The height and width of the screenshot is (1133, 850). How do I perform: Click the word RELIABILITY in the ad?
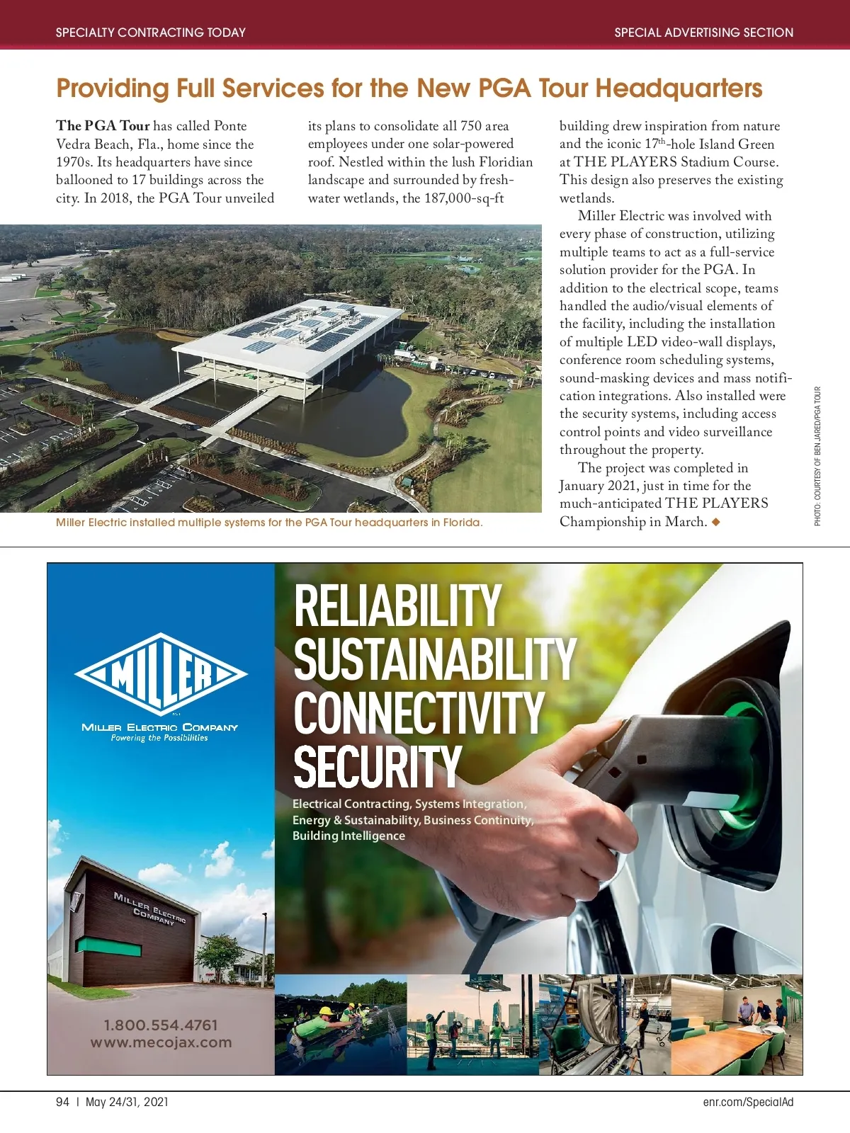click(397, 606)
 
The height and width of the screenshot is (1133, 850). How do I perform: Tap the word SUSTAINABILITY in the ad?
click(435, 659)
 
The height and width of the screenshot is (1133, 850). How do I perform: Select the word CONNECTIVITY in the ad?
click(419, 713)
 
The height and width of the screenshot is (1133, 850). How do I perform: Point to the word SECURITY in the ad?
click(378, 766)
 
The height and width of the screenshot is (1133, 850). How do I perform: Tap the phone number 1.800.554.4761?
click(161, 1025)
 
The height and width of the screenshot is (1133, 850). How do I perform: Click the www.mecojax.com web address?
click(161, 1042)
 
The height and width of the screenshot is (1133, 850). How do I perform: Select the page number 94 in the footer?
click(63, 1102)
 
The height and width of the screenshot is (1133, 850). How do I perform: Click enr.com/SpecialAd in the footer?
click(748, 1102)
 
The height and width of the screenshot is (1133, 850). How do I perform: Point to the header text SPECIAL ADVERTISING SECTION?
click(703, 33)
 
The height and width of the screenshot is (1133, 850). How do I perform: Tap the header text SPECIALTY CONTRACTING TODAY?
click(151, 33)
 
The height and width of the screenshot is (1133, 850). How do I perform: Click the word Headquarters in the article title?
click(679, 89)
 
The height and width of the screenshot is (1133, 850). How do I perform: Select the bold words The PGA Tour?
click(103, 126)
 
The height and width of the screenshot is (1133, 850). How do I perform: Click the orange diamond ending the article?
click(716, 522)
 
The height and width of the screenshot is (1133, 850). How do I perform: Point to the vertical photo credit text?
click(817, 456)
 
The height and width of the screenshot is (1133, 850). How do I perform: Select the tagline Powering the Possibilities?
click(159, 738)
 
